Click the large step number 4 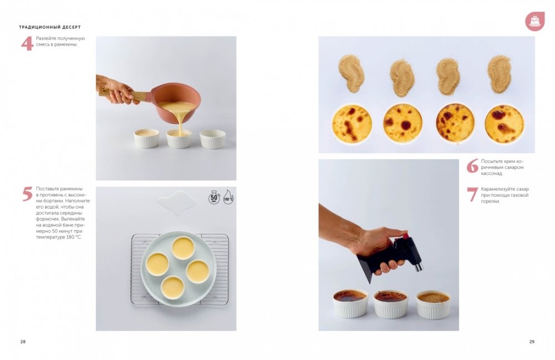click(x=27, y=43)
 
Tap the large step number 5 click(x=27, y=194)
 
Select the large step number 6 click(x=472, y=166)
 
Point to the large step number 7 click(x=472, y=195)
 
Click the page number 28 click(x=23, y=342)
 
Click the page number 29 click(x=532, y=342)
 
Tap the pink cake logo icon click(x=534, y=21)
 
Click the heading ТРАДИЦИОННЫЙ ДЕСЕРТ click(x=50, y=27)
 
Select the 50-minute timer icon click(x=214, y=197)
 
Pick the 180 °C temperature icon click(x=228, y=197)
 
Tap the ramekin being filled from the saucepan click(x=179, y=138)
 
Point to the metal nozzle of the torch click(x=419, y=266)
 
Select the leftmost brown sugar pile click(x=351, y=74)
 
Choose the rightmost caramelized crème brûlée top click(x=504, y=124)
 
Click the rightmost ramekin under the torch click(x=433, y=305)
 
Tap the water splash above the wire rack click(x=177, y=202)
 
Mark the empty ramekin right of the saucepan click(x=213, y=139)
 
